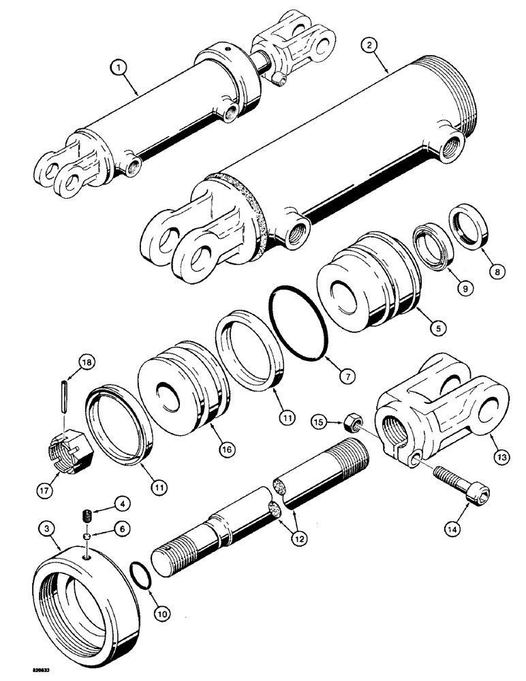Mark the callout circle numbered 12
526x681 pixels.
(x=298, y=537)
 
